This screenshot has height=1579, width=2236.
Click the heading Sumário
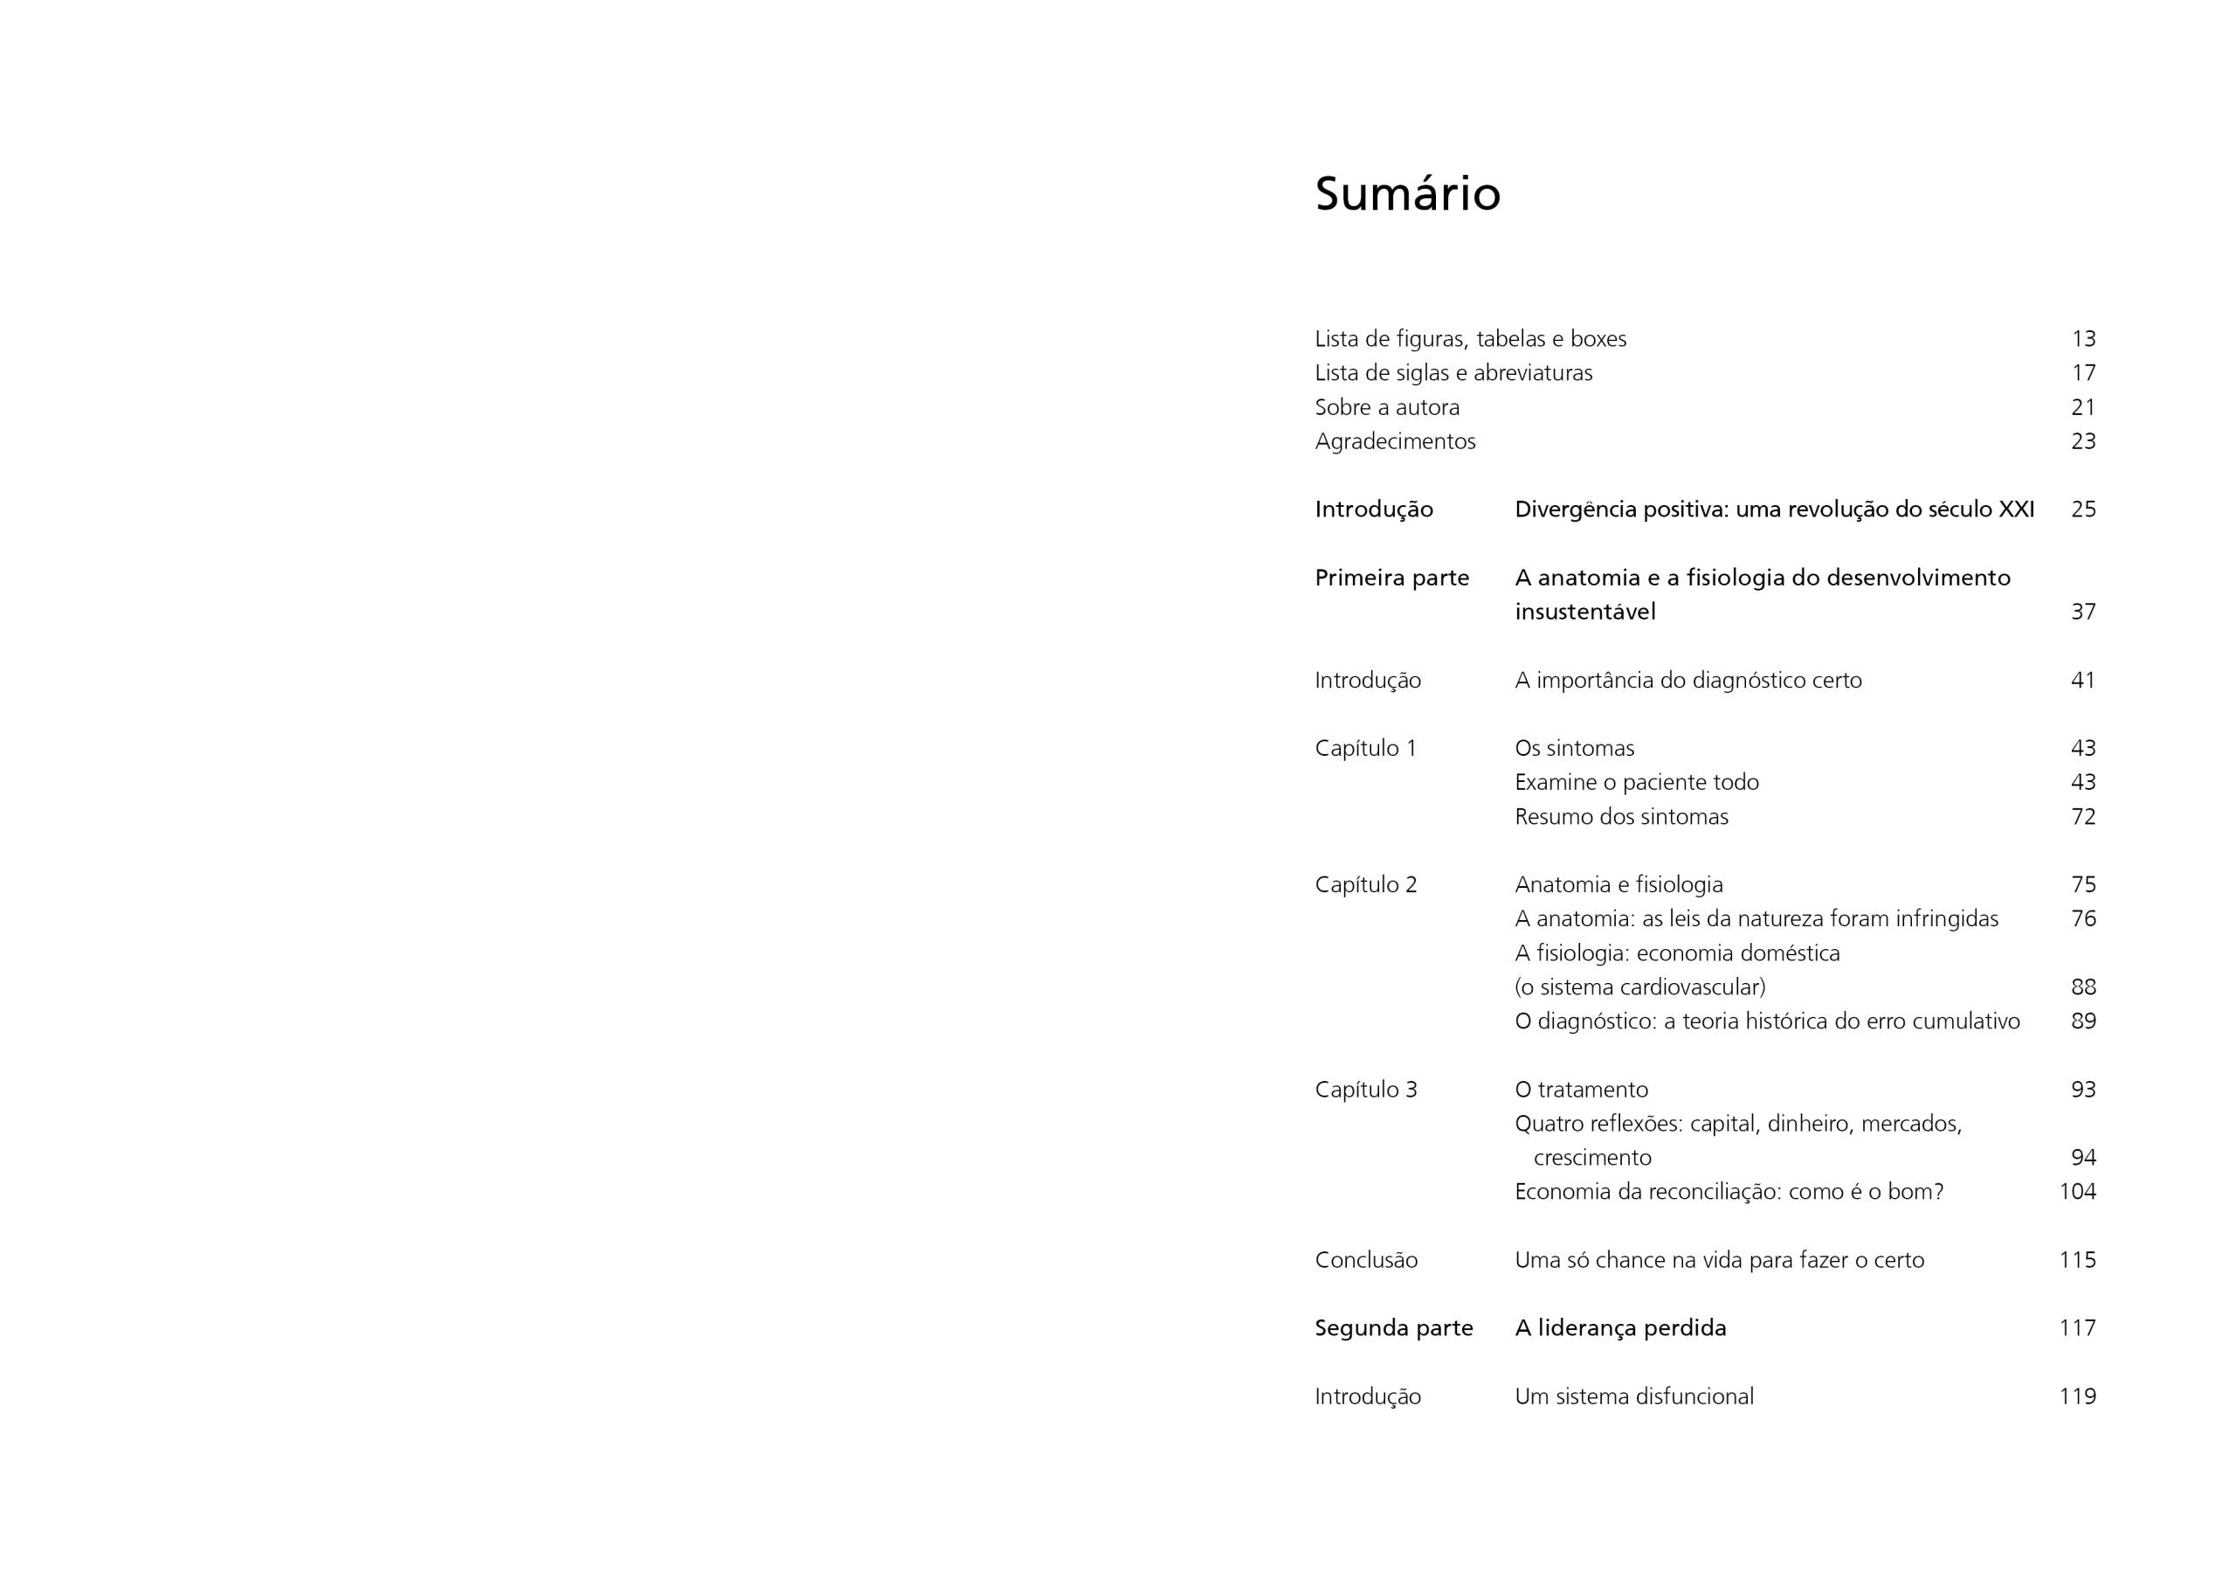pos(1407,194)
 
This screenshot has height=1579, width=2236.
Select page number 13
pos(2083,339)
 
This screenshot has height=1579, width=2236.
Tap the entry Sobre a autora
pos(1387,407)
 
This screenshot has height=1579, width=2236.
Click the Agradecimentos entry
pos(1395,441)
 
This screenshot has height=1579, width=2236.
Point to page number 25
pos(2083,509)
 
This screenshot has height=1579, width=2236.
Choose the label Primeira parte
pos(1391,578)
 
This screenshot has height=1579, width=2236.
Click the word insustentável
pos(1584,612)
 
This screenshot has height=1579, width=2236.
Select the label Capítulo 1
pos(1365,748)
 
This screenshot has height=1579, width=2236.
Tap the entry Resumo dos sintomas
pos(1621,816)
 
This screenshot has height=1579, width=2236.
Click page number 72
pos(2083,816)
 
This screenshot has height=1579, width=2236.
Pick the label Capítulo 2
pos(1365,884)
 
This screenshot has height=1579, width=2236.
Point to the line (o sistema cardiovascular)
pos(1640,987)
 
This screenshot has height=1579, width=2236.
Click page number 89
pos(2083,1021)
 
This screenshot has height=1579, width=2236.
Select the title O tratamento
pos(1581,1089)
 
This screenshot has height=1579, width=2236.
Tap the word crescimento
pos(1592,1157)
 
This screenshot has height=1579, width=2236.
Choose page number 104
pos(2077,1191)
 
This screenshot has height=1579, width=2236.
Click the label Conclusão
pos(1365,1259)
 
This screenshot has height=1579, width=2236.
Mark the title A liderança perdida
pos(1620,1327)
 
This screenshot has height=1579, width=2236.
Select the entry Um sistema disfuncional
pos(1634,1395)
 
